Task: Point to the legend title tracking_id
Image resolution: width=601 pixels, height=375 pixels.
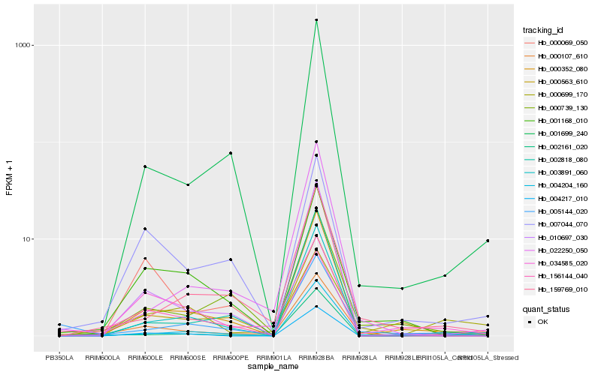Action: (x=543, y=30)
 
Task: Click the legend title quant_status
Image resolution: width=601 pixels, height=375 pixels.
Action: (x=546, y=308)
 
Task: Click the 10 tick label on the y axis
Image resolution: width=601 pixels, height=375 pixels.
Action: (x=25, y=239)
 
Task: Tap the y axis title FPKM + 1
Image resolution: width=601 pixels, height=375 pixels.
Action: (x=10, y=177)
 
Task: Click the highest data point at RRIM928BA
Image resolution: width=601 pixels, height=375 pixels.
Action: (x=316, y=20)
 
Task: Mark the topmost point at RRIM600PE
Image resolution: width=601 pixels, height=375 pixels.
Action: (x=231, y=153)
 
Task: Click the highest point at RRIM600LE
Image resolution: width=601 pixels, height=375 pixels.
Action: (x=145, y=166)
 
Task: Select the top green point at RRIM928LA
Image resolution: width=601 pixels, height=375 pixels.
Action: (x=359, y=286)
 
